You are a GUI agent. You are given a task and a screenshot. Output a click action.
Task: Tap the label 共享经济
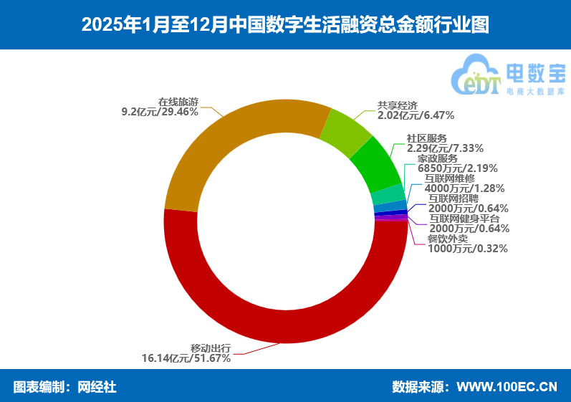tap(397, 105)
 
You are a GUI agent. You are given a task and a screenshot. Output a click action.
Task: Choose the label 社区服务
tap(426, 138)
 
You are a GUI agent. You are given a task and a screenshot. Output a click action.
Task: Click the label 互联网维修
tap(449, 178)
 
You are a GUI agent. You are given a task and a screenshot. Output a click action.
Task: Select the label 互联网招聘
tap(453, 198)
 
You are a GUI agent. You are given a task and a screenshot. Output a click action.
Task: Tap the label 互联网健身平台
tap(464, 219)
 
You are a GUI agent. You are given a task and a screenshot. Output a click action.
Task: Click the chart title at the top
tap(285, 25)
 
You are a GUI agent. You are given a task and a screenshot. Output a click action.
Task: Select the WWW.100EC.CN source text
tap(507, 387)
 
